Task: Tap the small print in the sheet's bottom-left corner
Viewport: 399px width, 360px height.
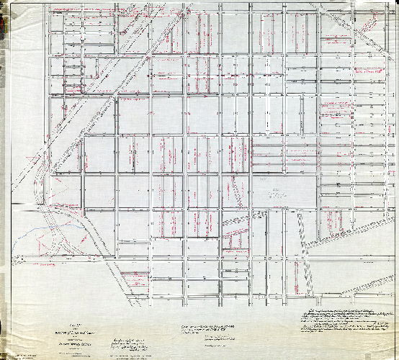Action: click(29, 352)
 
